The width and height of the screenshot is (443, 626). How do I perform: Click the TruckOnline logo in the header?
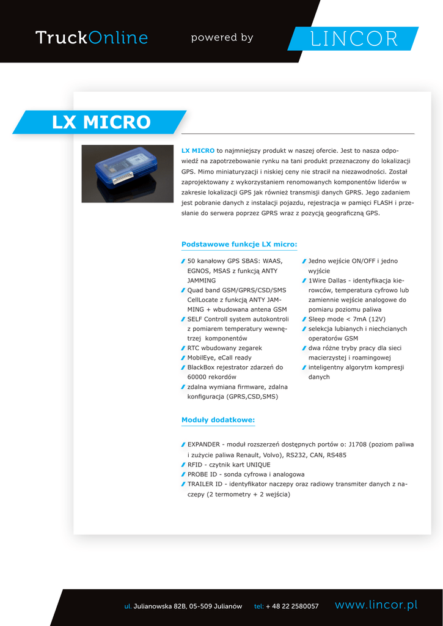click(92, 38)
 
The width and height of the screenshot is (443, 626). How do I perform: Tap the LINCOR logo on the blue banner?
click(354, 39)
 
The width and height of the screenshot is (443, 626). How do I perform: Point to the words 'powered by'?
click(222, 38)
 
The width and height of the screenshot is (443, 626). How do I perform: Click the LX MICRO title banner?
click(101, 122)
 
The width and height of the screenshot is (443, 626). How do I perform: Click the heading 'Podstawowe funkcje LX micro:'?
click(239, 245)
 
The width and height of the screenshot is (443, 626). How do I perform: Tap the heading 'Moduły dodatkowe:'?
click(218, 420)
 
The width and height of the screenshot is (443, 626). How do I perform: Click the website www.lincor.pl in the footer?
click(376, 605)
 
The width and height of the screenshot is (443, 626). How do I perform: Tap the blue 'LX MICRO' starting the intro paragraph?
click(198, 150)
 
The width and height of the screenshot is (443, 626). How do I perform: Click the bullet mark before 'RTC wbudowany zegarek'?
click(183, 348)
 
